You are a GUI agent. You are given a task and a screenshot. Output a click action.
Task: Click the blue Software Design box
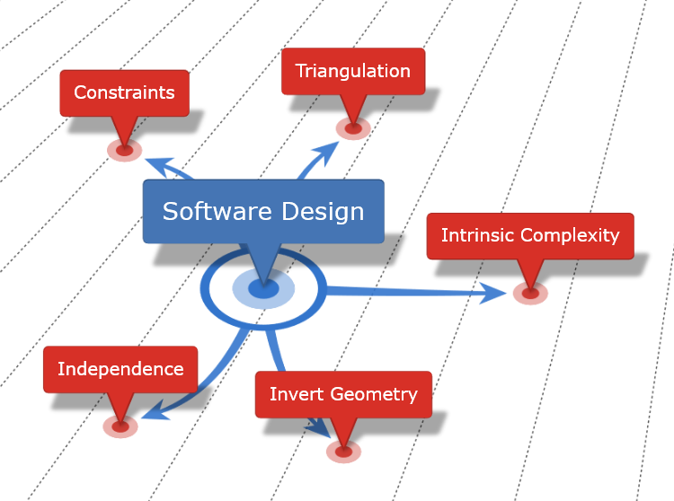click(263, 212)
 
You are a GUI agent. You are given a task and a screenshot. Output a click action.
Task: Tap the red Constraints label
click(124, 92)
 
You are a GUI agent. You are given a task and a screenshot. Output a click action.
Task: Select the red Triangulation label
click(352, 71)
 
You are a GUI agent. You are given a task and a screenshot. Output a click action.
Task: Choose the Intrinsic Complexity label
click(530, 236)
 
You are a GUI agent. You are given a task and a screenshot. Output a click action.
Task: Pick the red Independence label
click(120, 369)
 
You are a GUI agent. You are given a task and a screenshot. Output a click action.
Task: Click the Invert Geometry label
click(343, 394)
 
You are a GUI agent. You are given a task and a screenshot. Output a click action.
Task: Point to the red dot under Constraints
click(124, 150)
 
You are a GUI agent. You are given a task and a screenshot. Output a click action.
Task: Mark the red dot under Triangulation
click(352, 128)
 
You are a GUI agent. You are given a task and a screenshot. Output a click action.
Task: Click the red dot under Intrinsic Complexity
click(530, 293)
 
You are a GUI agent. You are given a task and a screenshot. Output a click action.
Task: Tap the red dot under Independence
click(120, 426)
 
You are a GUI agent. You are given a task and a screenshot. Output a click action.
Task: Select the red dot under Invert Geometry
click(343, 451)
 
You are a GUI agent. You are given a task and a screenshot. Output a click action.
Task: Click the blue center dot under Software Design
click(262, 288)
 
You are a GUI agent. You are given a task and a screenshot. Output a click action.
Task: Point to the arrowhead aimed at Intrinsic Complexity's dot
click(494, 292)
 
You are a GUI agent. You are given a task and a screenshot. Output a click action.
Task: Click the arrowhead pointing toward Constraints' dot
click(156, 164)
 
